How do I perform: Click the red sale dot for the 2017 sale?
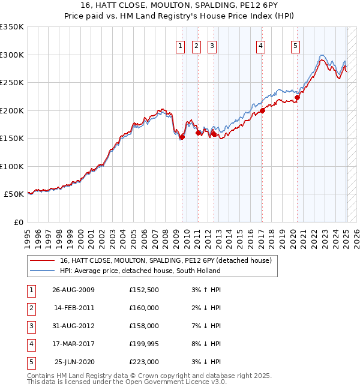pyautogui.click(x=263, y=110)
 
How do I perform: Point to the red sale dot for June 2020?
pyautogui.click(x=297, y=98)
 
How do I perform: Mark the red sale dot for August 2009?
pyautogui.click(x=182, y=137)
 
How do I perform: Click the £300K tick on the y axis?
pyautogui.click(x=12, y=55)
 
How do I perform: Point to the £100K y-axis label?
pyautogui.click(x=12, y=166)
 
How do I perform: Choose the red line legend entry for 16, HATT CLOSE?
pyautogui.click(x=166, y=260)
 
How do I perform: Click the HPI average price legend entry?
pyautogui.click(x=140, y=271)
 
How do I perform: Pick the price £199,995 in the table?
pyautogui.click(x=144, y=344)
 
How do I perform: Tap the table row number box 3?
pyautogui.click(x=31, y=326)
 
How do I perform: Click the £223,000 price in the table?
pyautogui.click(x=144, y=362)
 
